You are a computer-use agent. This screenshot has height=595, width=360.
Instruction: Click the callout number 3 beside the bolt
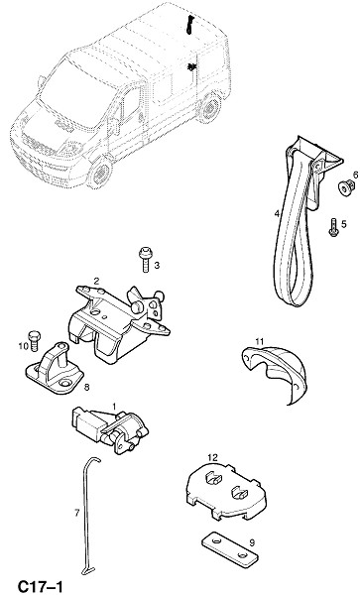click(157, 265)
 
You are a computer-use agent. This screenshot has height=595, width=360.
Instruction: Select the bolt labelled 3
click(145, 259)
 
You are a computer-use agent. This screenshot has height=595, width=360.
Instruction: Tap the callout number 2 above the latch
click(96, 281)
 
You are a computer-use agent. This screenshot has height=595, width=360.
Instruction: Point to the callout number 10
click(23, 346)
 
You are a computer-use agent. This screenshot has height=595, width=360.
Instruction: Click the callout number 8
click(86, 387)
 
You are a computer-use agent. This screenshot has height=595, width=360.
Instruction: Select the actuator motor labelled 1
click(110, 429)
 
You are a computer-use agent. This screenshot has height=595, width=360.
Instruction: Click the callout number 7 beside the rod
click(77, 513)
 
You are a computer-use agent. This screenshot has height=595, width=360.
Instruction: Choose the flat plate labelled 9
click(230, 549)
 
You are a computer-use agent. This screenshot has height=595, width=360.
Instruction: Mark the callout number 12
click(213, 457)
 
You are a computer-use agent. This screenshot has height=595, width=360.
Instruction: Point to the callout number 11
click(259, 341)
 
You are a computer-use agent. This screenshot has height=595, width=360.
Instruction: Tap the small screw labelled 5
click(333, 228)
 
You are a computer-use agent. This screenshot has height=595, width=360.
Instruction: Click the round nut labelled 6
click(344, 187)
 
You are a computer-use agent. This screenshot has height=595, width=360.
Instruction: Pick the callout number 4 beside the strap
click(277, 214)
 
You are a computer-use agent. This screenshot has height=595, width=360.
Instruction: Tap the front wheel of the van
click(100, 173)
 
